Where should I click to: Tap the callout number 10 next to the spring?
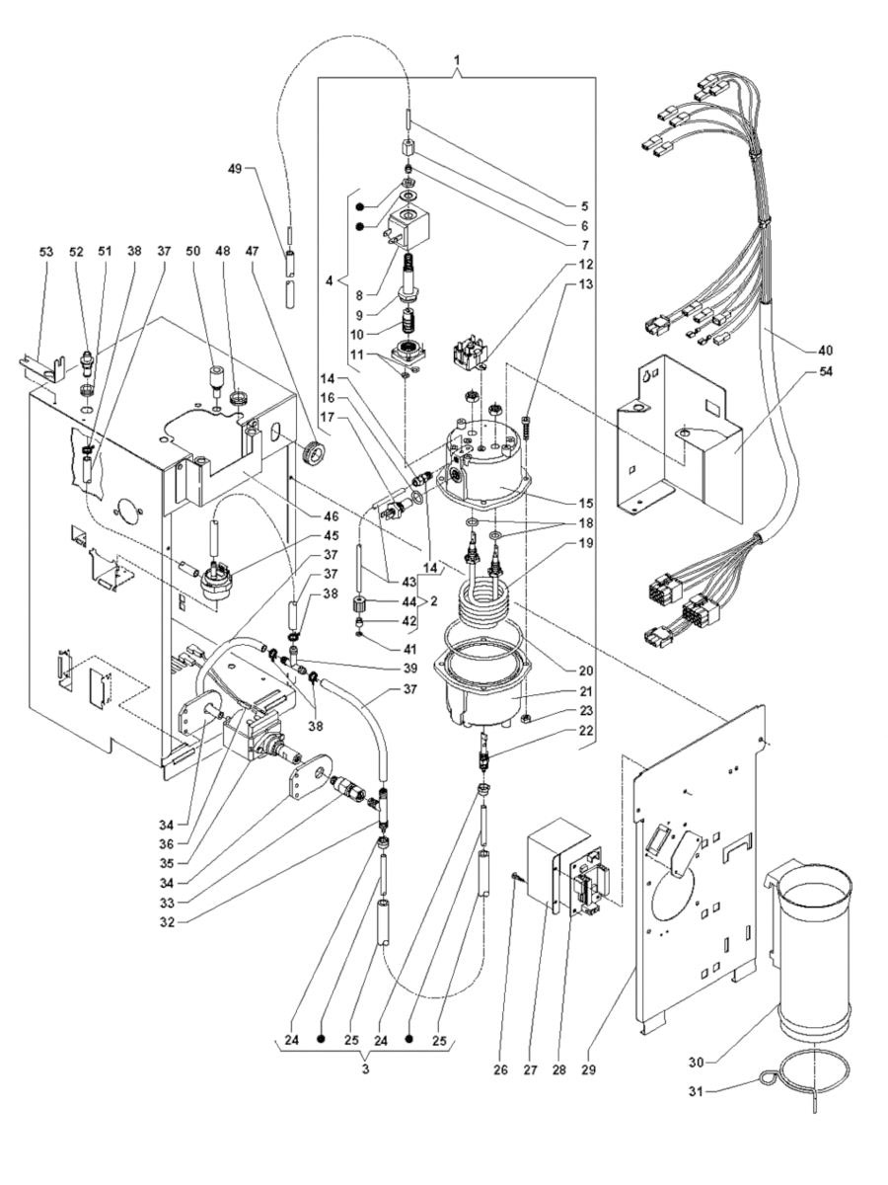368,332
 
